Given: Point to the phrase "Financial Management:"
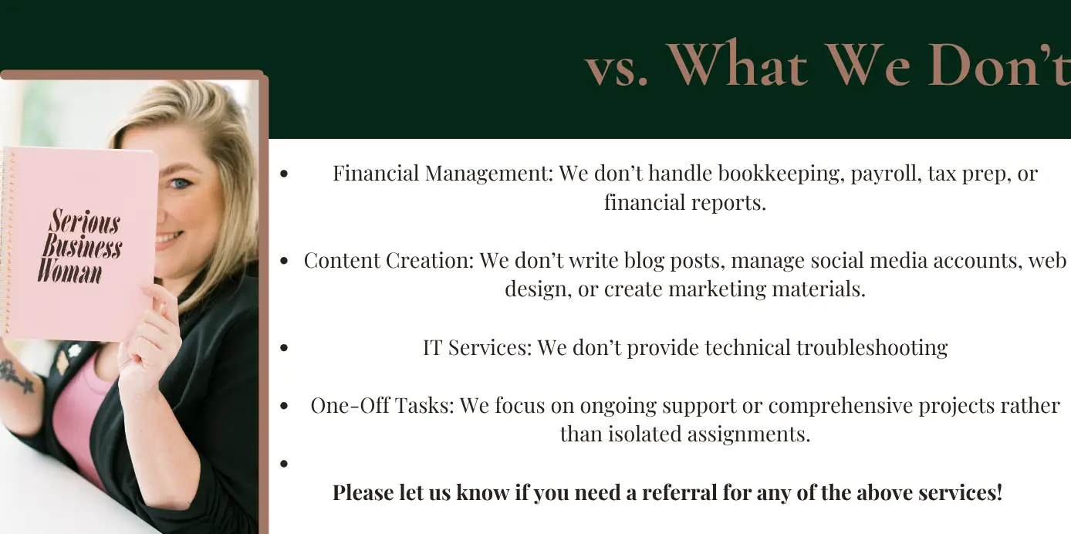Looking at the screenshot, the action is [x=443, y=173].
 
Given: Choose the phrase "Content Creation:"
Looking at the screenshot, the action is [x=389, y=261].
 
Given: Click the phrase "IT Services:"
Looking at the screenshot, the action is [x=477, y=347].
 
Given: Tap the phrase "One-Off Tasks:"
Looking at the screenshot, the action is [x=382, y=405].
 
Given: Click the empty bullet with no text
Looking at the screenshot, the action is [x=284, y=463].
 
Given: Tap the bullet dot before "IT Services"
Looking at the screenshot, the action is [x=284, y=347].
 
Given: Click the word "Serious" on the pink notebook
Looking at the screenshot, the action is [x=85, y=221].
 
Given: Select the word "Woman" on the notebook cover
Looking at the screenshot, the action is [x=69, y=272].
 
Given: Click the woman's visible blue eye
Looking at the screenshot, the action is [x=181, y=183].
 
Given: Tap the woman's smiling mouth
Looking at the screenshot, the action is [x=169, y=237].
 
